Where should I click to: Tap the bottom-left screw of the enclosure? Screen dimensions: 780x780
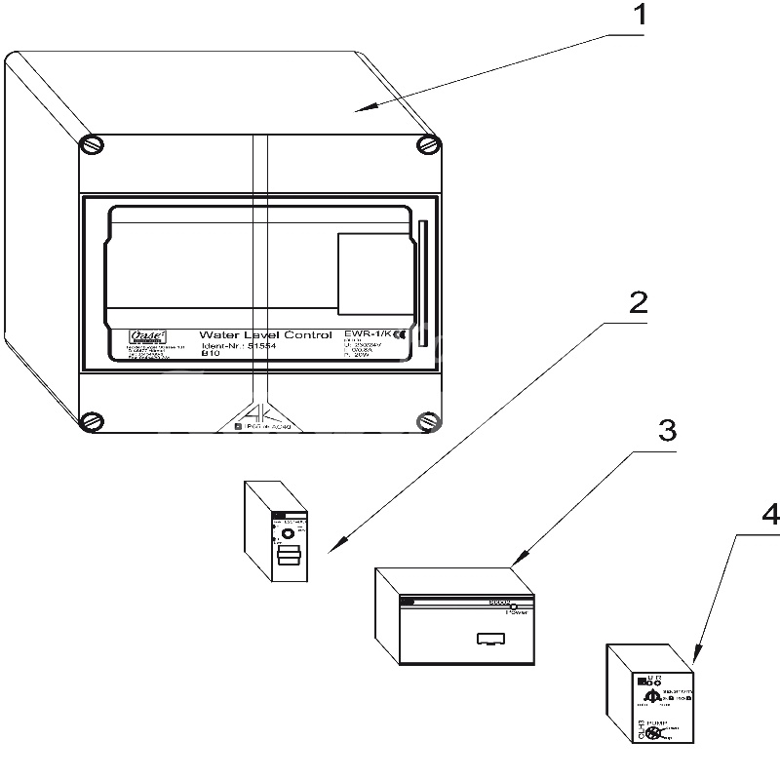91,421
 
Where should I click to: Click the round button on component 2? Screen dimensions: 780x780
288,533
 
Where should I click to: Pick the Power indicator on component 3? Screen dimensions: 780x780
513,606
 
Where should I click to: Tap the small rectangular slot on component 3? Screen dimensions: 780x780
487,640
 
